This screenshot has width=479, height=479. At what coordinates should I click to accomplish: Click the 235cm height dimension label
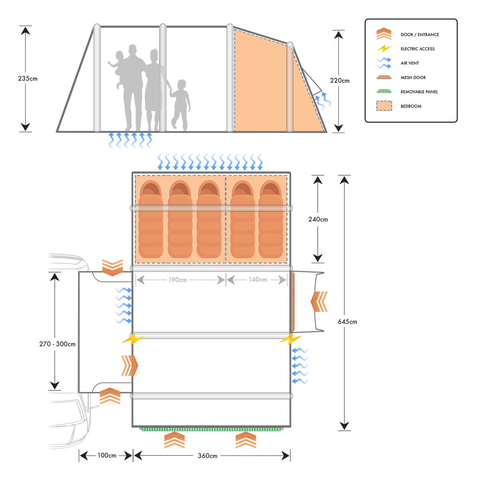tap(28, 79)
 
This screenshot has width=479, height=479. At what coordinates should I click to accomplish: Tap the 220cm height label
tap(340, 81)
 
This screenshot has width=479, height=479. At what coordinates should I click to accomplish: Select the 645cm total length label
tap(347, 322)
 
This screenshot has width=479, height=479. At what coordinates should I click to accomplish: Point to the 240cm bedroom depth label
tap(318, 219)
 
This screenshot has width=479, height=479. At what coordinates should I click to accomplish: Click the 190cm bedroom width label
tap(178, 280)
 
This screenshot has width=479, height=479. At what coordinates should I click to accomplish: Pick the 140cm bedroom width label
tap(258, 279)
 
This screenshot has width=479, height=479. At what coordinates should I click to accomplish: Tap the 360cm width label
tap(208, 455)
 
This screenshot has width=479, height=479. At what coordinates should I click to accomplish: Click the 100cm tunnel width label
tap(107, 455)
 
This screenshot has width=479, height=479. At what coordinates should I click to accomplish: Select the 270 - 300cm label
tap(57, 344)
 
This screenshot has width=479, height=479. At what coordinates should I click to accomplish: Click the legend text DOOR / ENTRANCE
tap(420, 35)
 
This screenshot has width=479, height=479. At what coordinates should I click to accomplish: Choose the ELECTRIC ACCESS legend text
tap(418, 49)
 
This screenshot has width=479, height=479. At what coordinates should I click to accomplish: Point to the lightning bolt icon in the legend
tap(384, 49)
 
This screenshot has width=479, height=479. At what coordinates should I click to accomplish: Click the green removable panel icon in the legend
tap(384, 91)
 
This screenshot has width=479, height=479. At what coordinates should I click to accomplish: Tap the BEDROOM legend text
tap(411, 106)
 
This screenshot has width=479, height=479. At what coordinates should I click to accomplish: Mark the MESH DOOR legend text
tap(413, 77)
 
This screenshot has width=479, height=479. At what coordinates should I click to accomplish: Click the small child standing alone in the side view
tap(180, 105)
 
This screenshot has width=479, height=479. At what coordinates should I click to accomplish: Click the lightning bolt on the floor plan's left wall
tap(133, 340)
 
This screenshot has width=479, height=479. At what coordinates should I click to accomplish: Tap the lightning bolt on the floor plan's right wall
tap(290, 340)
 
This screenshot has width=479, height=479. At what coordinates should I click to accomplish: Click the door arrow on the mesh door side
tap(319, 301)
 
